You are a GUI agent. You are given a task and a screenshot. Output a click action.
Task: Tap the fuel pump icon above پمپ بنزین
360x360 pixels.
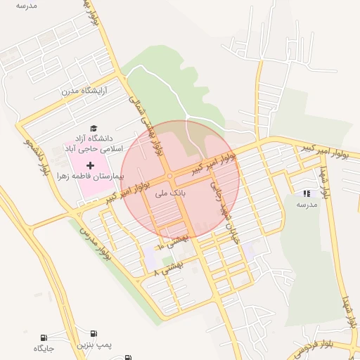(94, 333)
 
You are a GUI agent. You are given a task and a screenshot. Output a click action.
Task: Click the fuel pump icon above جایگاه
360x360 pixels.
(44, 337)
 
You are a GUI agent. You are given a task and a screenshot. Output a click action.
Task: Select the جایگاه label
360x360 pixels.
(44, 349)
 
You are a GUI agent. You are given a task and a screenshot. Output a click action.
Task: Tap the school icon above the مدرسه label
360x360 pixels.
(306, 193)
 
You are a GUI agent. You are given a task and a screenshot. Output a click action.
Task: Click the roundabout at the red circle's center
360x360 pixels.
(170, 176)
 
